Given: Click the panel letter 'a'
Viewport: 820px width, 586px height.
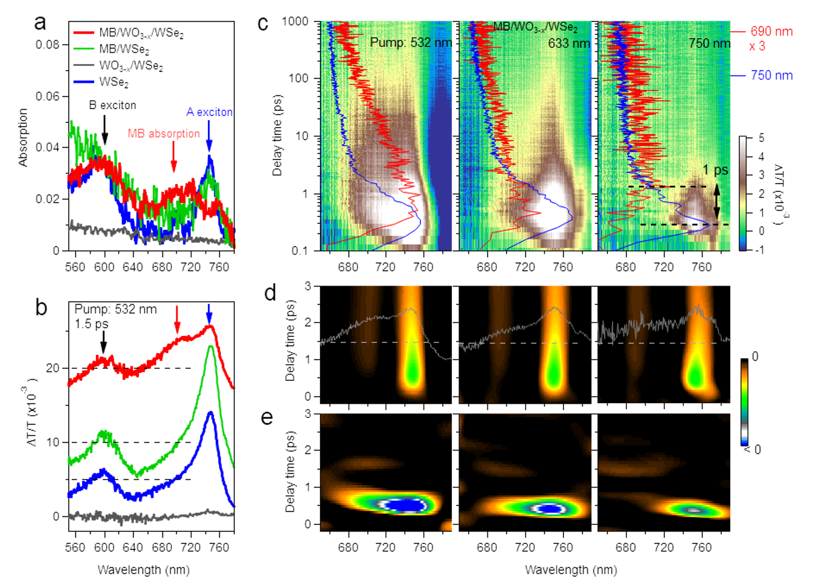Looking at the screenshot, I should [x=40, y=22].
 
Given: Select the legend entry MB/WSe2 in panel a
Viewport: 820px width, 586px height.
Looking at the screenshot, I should [x=124, y=49].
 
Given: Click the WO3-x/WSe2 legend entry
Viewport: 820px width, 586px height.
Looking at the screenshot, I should [x=131, y=65].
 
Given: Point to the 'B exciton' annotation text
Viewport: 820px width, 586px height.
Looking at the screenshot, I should [x=113, y=105].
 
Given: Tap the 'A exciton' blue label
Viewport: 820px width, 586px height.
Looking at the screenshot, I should [x=209, y=112].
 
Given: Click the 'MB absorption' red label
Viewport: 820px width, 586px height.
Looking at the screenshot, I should [x=164, y=134].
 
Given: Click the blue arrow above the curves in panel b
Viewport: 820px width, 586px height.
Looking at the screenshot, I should [x=209, y=313].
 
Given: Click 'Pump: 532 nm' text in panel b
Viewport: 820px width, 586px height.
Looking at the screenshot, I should [x=116, y=309].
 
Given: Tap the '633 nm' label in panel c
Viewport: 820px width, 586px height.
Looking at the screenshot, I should [x=569, y=43].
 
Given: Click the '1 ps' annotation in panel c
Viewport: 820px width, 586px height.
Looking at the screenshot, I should [x=716, y=170].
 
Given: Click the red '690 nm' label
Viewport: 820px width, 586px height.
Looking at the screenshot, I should [x=771, y=31].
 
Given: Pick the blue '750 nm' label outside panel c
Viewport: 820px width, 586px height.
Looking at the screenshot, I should [x=771, y=76].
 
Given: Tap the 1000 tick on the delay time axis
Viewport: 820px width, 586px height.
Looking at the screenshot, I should [x=295, y=22].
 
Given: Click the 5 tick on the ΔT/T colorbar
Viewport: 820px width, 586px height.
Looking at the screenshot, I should [x=761, y=138].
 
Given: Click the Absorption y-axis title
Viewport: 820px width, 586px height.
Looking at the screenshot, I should [x=23, y=137].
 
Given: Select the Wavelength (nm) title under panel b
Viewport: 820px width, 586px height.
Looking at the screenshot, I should [x=143, y=570].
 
